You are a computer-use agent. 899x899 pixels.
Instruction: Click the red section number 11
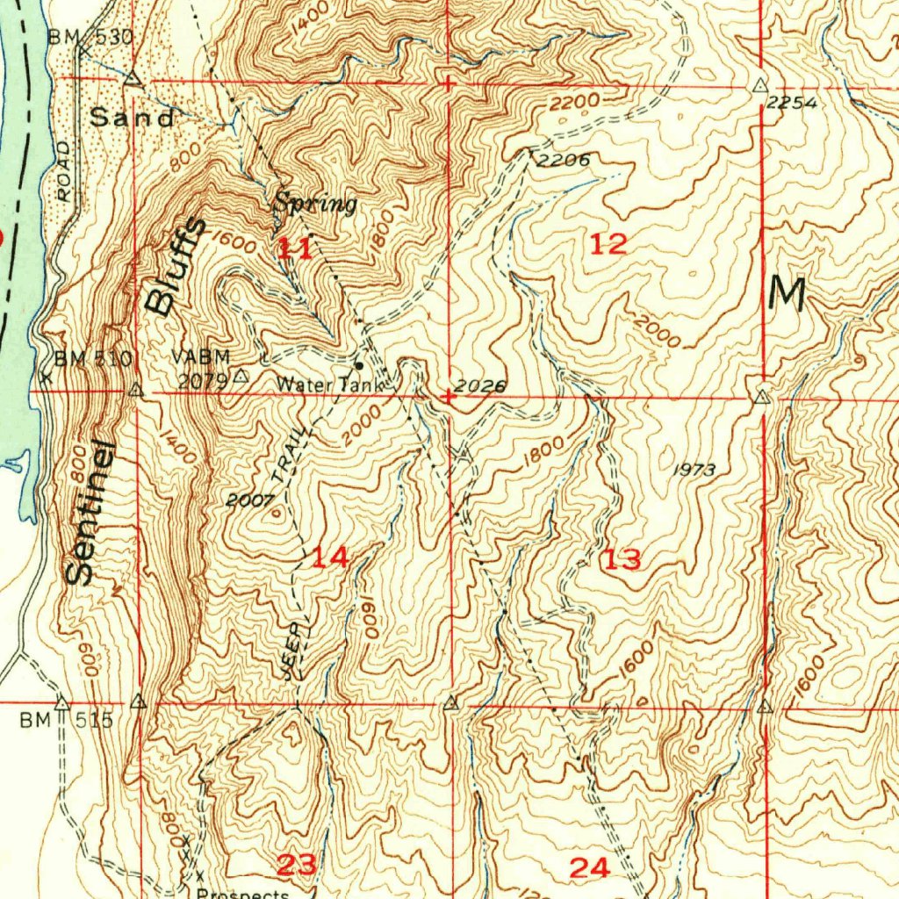(294, 248)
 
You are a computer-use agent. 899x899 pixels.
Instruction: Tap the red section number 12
(608, 244)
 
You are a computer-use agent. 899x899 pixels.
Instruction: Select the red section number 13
(622, 558)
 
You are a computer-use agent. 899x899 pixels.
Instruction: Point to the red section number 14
(331, 556)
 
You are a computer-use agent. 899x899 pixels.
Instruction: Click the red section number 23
(296, 865)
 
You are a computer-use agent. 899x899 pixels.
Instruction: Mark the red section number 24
(589, 867)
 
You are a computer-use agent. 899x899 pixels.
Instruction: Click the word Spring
(314, 204)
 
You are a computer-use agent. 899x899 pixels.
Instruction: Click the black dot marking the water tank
(359, 364)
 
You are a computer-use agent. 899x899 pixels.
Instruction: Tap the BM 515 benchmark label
(68, 721)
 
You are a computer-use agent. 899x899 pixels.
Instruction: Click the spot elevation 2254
(792, 103)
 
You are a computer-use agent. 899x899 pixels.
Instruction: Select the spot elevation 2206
(562, 160)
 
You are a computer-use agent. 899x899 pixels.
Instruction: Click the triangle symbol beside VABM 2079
(241, 376)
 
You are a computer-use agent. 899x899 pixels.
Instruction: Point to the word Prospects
(243, 894)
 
